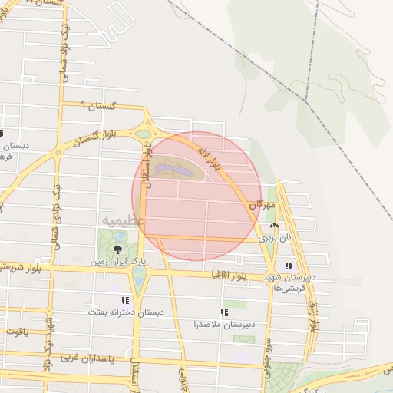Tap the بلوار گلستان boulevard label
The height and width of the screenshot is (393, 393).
click(x=98, y=136)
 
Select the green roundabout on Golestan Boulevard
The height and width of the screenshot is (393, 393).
click(x=144, y=134)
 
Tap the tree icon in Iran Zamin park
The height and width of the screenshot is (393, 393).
click(x=117, y=249)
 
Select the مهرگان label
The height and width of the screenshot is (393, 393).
click(x=261, y=206)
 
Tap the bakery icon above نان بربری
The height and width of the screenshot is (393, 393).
click(x=274, y=226)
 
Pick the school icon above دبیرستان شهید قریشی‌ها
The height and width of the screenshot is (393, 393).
click(x=289, y=266)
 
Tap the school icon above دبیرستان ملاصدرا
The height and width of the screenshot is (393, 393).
click(x=224, y=312)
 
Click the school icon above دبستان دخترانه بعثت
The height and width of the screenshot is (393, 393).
click(x=125, y=300)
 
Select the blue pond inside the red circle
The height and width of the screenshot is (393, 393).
click(x=170, y=165)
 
